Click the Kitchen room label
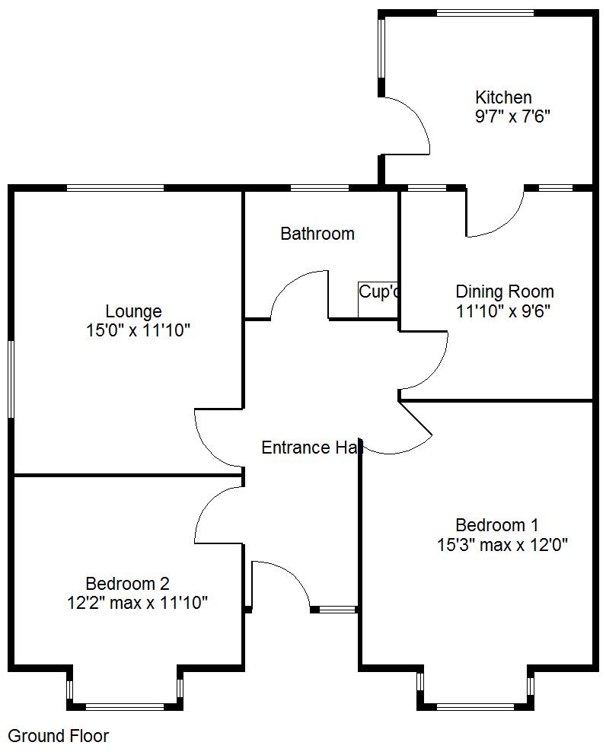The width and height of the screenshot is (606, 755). (x=503, y=97)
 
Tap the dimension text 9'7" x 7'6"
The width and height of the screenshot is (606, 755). (x=512, y=117)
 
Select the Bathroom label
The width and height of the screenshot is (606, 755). (x=317, y=234)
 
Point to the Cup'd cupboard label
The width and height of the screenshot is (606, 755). (x=378, y=291)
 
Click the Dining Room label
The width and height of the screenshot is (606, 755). (x=505, y=291)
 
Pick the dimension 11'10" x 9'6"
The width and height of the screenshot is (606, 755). (x=503, y=311)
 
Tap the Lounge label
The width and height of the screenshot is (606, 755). (x=133, y=311)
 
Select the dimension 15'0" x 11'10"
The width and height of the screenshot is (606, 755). (x=139, y=330)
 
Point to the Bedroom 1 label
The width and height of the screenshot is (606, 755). (x=496, y=525)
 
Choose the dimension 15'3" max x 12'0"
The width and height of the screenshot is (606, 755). (x=502, y=545)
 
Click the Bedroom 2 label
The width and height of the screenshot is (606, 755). (x=127, y=584)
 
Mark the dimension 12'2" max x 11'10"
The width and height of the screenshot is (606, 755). (x=137, y=604)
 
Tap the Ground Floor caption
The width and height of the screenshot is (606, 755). (x=59, y=736)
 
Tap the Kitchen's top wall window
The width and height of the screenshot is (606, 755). (x=486, y=12)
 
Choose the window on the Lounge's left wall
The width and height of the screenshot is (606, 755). (x=11, y=378)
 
